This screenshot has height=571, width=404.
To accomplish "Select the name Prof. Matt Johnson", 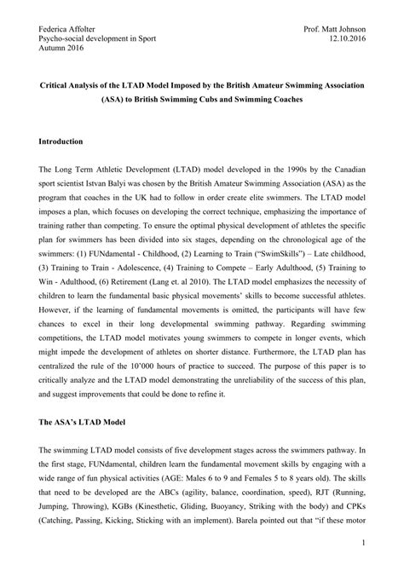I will pos(340,29).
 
